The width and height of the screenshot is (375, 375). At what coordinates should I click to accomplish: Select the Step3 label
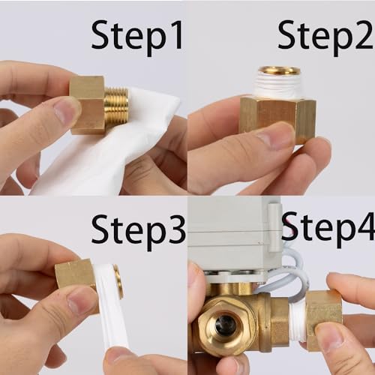(x=138, y=232)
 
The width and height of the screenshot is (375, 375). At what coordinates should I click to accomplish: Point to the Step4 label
(x=328, y=229)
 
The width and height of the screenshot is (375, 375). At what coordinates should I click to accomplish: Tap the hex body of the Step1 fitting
(x=88, y=105)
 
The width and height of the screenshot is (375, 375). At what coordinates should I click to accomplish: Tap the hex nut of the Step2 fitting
(x=277, y=118)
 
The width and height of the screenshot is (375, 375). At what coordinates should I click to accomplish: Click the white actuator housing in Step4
(x=234, y=238)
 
